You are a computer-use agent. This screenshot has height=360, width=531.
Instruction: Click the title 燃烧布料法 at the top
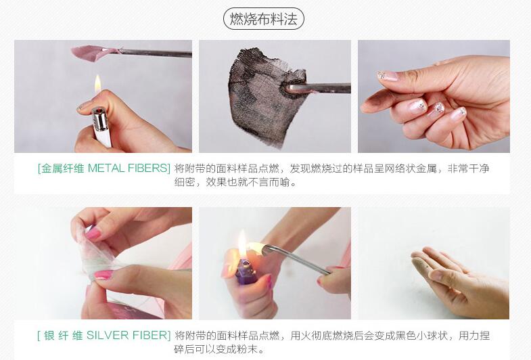click(x=263, y=19)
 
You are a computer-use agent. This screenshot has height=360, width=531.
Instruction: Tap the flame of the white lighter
click(x=97, y=83)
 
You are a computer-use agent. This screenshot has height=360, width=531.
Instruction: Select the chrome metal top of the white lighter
click(x=99, y=119)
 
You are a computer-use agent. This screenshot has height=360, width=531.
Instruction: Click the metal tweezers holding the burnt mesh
click(x=319, y=89)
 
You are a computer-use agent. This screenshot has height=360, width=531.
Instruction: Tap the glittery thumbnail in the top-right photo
click(x=388, y=76)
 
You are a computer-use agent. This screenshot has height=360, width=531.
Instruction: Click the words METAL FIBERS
click(x=129, y=168)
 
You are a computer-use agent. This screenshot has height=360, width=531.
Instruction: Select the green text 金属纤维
click(x=63, y=168)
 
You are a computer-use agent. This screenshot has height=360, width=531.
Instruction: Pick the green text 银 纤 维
click(x=64, y=336)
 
